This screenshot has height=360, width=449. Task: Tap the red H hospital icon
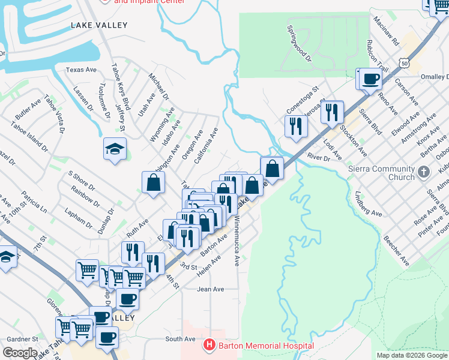pos(209,345)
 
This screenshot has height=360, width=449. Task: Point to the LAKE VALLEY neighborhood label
pos(99,25)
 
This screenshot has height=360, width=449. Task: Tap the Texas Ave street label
pos(82,70)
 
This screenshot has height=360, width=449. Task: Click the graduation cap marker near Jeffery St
pos(114,148)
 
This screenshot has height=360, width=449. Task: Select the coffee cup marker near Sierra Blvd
pos(370,79)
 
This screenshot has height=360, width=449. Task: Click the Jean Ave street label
pos(210,289)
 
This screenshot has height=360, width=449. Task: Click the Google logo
pos(20,353)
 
